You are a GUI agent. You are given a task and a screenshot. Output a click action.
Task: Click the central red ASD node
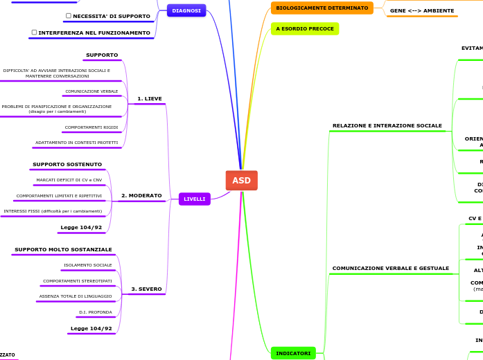[241, 181]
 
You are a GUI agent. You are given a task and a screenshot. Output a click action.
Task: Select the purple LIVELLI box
[194, 199]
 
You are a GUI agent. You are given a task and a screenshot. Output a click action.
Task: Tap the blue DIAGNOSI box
[186, 11]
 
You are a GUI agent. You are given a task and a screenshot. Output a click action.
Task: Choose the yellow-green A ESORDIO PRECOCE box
[305, 29]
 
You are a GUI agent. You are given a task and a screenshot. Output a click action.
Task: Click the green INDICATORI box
[293, 353]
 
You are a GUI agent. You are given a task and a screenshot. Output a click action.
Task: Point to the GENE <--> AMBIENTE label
[422, 11]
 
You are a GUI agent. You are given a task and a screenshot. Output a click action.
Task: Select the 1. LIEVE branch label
[150, 99]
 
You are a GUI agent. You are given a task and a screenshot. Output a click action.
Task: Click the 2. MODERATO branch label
[141, 196]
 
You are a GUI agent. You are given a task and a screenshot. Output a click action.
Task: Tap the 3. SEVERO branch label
[146, 289]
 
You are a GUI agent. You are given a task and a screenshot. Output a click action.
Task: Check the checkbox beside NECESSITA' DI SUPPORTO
[68, 16]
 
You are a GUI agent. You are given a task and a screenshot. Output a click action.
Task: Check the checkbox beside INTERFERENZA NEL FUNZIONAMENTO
[34, 33]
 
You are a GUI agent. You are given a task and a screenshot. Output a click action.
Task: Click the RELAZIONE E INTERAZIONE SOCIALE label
[387, 126]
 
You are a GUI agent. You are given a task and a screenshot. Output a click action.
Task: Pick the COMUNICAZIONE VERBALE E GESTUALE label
[390, 269]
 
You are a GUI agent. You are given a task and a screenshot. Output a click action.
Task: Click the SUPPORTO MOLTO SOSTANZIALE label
[63, 250]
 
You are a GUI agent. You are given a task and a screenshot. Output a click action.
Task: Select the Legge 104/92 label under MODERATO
[81, 228]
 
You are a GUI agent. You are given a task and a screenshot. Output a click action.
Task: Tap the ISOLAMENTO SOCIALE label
[87, 265]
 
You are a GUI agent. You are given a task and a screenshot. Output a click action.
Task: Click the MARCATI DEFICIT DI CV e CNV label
[69, 180]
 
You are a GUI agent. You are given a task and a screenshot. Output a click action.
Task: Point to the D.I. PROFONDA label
[95, 312]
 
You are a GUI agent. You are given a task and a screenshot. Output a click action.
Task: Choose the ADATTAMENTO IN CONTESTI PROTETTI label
[76, 143]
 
